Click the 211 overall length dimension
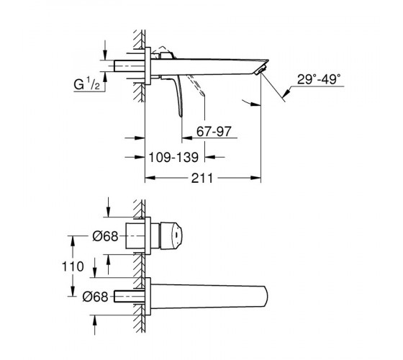(202, 178)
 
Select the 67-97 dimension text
(214, 131)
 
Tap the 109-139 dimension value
(173, 157)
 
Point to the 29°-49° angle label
(319, 79)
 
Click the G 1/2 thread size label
(86, 84)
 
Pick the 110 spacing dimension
(73, 266)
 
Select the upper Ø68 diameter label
(105, 236)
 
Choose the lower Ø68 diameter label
(95, 297)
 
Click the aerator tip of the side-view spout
(261, 71)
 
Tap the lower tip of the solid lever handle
(181, 115)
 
